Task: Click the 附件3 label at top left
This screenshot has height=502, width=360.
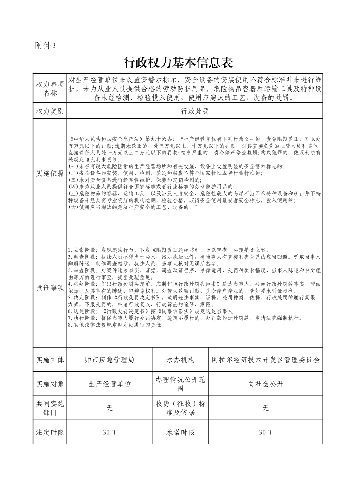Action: pos(45,45)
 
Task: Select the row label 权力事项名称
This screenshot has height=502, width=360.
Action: pos(50,88)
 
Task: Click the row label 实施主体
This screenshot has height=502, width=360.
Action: pos(50,360)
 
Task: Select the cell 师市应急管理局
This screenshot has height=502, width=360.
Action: pos(109,360)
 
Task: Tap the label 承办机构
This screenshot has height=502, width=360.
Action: pos(180,360)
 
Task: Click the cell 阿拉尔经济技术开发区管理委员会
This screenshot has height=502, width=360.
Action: pos(266,360)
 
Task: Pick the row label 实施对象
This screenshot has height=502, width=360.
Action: pos(50,384)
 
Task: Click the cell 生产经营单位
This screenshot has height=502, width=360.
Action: pos(109,384)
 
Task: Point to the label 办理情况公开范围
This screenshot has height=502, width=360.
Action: pos(180,384)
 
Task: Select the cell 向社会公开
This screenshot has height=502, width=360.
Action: pos(266,384)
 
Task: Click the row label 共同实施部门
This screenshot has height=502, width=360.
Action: pos(50,408)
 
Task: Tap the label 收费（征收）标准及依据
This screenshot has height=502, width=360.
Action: pos(180,408)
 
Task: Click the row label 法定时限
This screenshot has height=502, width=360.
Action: pos(50,433)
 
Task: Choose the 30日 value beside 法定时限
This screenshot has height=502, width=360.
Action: pos(109,433)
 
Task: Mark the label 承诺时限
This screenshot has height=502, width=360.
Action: pos(180,433)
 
